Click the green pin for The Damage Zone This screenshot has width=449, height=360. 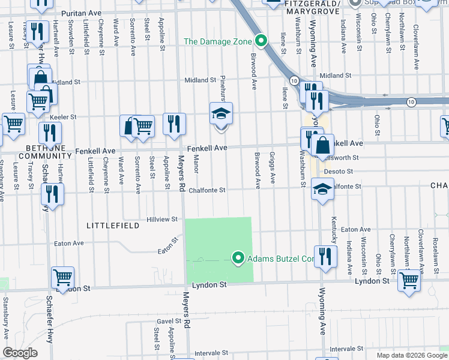pyautogui.click(x=261, y=41)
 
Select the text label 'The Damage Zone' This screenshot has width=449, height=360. pyautogui.click(x=217, y=41)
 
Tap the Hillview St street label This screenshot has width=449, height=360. pyautogui.click(x=164, y=220)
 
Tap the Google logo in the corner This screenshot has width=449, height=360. pyautogui.click(x=20, y=353)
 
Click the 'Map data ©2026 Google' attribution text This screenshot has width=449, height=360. pyautogui.click(x=412, y=355)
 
